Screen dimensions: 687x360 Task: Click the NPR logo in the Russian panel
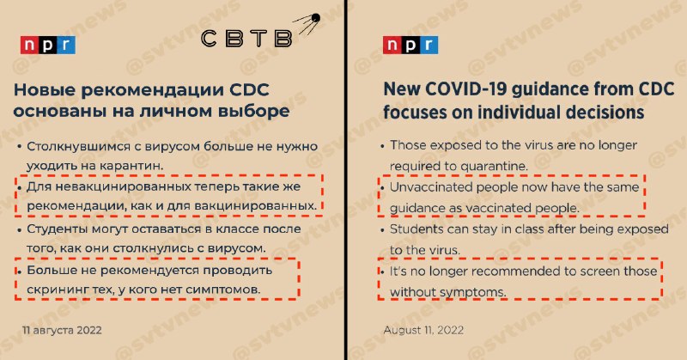coord(48,46)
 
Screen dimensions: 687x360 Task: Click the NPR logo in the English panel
coord(410,46)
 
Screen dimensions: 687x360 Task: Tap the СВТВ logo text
coord(246,38)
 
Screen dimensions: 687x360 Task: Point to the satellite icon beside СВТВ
coord(307,24)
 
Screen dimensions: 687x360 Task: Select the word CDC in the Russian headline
coord(249,90)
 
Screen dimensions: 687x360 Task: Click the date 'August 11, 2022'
coord(423,330)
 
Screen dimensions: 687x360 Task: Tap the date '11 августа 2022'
coord(62,330)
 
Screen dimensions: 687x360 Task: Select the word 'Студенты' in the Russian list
coord(57,229)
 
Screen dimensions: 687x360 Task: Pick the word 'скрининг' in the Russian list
coord(57,290)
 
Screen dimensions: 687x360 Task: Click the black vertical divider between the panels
coord(346,180)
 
